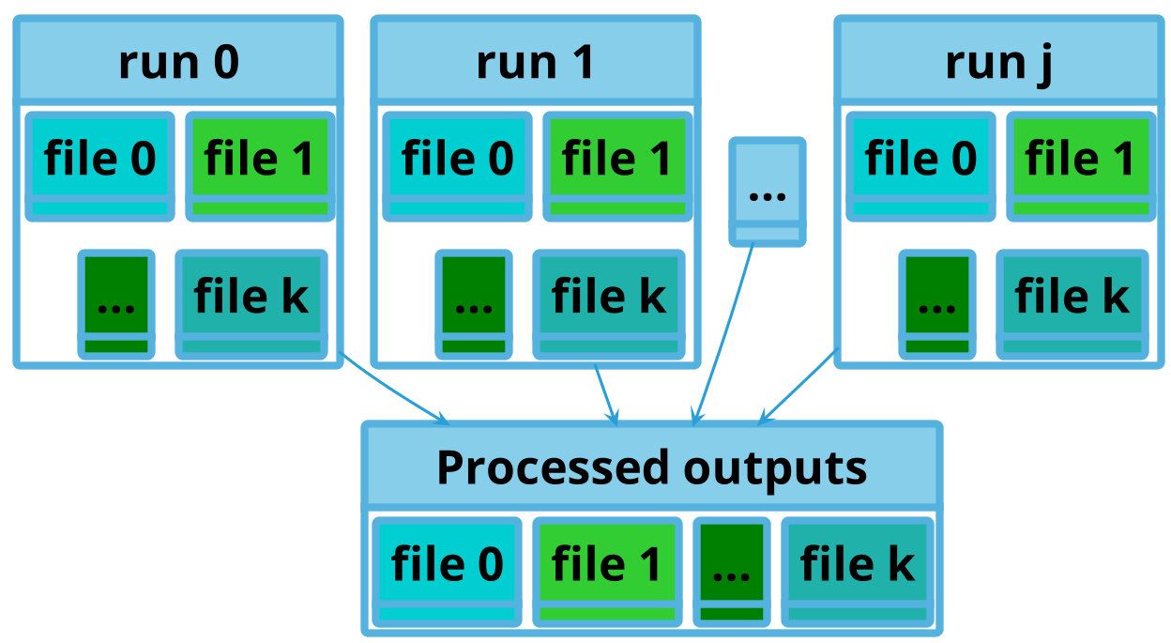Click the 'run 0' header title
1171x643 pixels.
tap(179, 63)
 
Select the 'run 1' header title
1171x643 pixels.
tap(536, 63)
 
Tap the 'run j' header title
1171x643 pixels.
tap(998, 64)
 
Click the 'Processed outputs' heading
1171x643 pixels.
tap(652, 468)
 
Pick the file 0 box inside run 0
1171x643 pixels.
tap(99, 166)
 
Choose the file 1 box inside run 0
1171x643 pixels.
tap(260, 166)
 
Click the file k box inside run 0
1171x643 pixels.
tap(251, 304)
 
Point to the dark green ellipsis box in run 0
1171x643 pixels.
tap(116, 304)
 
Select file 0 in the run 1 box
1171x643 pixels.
tap(458, 166)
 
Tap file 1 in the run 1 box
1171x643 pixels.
tap(618, 166)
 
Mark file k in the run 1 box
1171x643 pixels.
tap(609, 304)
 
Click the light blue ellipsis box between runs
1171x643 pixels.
tap(768, 191)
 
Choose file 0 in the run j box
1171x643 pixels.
tap(920, 166)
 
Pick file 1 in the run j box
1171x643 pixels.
tap(1081, 166)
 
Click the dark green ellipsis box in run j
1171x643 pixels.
tap(937, 304)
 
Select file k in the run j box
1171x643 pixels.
tap(1072, 304)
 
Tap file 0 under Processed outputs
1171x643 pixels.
tap(447, 572)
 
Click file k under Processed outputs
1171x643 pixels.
tap(858, 572)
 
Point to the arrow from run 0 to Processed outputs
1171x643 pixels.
tap(394, 389)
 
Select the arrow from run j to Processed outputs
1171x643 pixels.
tap(798, 387)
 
